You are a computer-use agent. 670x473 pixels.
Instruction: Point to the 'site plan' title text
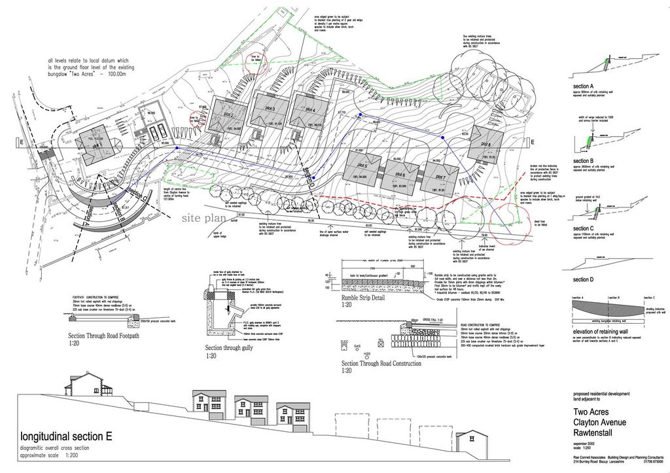205,217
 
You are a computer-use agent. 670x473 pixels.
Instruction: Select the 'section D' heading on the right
583,279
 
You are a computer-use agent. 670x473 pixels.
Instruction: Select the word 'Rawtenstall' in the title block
595,432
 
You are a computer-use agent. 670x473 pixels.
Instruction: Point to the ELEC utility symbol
345,343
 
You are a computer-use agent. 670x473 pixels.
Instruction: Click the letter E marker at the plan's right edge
533,143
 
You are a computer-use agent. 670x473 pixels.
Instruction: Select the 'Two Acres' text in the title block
591,412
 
